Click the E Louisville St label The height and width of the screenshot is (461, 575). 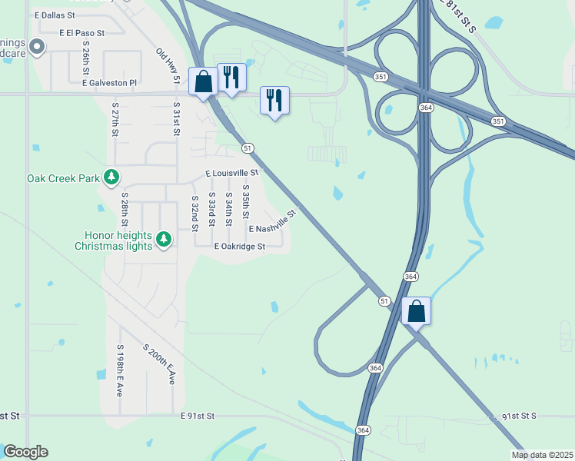(231, 173)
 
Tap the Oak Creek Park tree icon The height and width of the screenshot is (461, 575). (112, 178)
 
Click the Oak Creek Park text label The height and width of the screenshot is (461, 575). (63, 178)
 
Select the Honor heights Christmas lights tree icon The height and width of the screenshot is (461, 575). (163, 240)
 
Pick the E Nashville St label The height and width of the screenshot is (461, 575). (272, 223)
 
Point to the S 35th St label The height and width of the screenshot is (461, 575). (246, 204)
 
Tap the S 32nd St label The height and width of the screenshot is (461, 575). (194, 213)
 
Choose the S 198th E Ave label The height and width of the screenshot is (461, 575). (120, 370)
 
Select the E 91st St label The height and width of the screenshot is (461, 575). (198, 416)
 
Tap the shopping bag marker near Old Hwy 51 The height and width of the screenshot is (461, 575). (203, 80)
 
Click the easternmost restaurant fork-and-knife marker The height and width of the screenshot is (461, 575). (274, 99)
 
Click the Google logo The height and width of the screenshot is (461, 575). (25, 452)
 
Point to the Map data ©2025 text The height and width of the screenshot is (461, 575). (541, 455)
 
